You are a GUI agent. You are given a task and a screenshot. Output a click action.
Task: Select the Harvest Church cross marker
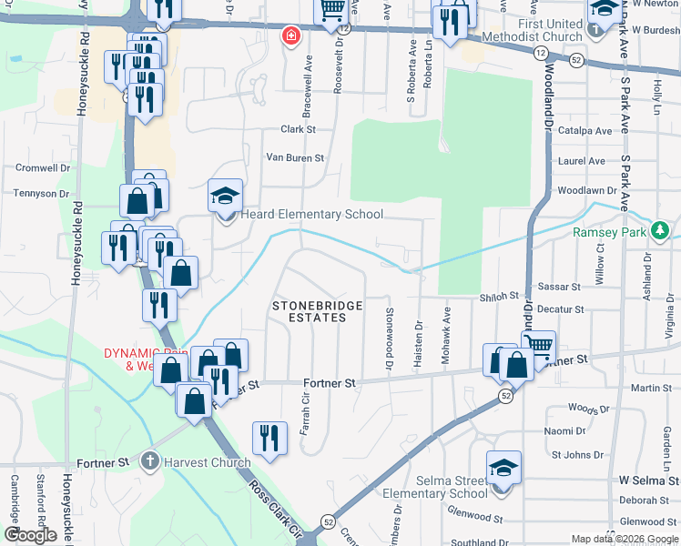tap(152, 462)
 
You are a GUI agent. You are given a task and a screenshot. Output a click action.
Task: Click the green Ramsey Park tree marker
tap(660, 231)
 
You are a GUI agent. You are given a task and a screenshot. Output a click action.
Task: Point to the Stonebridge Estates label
tap(310, 311)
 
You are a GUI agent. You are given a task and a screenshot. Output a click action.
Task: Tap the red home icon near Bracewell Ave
tap(290, 36)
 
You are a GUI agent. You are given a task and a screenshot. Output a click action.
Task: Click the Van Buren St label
tap(294, 157)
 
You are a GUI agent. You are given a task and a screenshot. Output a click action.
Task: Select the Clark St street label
tap(298, 129)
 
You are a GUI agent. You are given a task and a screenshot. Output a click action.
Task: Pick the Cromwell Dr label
tap(42, 167)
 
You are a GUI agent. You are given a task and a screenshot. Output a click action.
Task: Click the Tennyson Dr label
tap(41, 194)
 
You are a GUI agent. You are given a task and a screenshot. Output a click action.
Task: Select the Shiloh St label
tap(499, 297)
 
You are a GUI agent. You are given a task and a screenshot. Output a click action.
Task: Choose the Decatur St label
tap(560, 309)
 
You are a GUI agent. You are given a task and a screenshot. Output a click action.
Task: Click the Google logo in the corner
tap(30, 535)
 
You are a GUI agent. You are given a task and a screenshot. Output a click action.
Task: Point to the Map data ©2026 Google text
tap(624, 539)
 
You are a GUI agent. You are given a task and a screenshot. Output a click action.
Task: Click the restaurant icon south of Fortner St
tap(269, 440)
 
